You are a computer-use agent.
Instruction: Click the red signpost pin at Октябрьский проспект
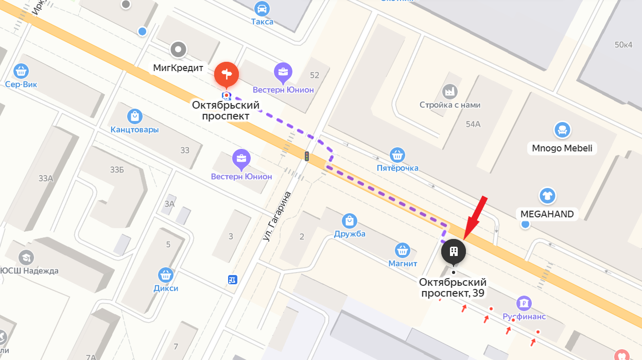click(x=227, y=74)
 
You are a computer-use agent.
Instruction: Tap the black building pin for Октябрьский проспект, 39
click(x=454, y=251)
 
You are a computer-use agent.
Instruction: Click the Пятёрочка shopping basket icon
click(x=396, y=155)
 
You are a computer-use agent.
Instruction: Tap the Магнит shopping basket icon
click(x=402, y=251)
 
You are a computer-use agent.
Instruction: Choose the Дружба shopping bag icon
click(x=350, y=221)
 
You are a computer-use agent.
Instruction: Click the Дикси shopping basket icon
click(x=165, y=275)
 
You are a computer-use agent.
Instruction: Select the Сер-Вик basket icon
click(x=21, y=71)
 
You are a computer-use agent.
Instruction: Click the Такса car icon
click(x=262, y=8)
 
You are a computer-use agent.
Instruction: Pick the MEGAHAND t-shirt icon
click(x=547, y=196)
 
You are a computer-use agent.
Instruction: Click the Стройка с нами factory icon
click(x=450, y=92)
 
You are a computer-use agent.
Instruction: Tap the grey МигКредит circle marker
click(x=179, y=50)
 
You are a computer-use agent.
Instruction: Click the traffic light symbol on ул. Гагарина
click(x=307, y=156)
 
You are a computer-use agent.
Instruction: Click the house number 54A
click(x=473, y=124)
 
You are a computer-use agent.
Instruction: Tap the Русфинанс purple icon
click(x=524, y=303)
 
